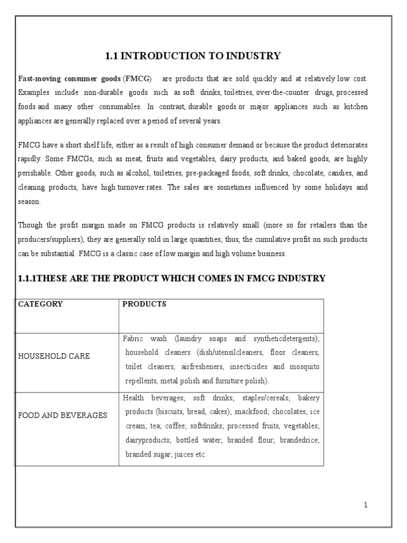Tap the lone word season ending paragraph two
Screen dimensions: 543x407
tap(29, 202)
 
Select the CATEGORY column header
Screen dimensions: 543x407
tap(41, 304)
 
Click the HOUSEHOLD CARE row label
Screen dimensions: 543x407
tap(54, 356)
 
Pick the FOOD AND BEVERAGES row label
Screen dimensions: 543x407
tap(63, 415)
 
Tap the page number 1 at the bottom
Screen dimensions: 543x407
tap(366, 505)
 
